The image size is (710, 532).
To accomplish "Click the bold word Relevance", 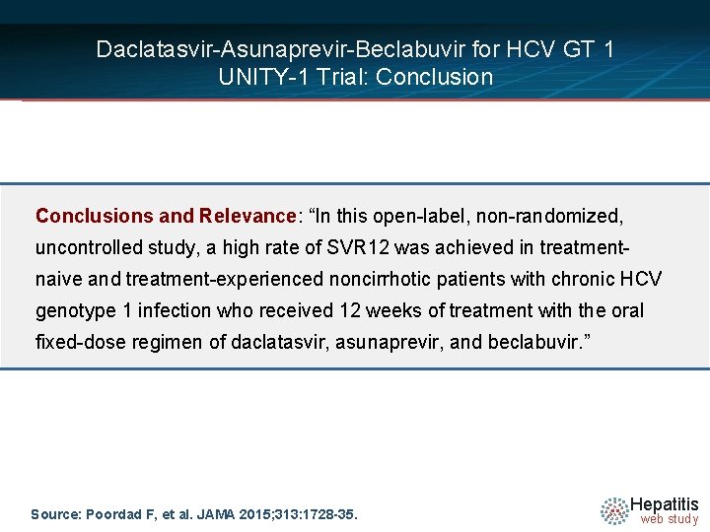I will tap(247, 215).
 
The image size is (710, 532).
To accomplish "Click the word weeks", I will tap(387, 311).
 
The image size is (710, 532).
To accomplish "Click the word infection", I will tap(174, 311).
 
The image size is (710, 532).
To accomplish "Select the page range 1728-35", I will tap(327, 514).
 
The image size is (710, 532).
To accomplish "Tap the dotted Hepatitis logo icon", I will tap(614, 509).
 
